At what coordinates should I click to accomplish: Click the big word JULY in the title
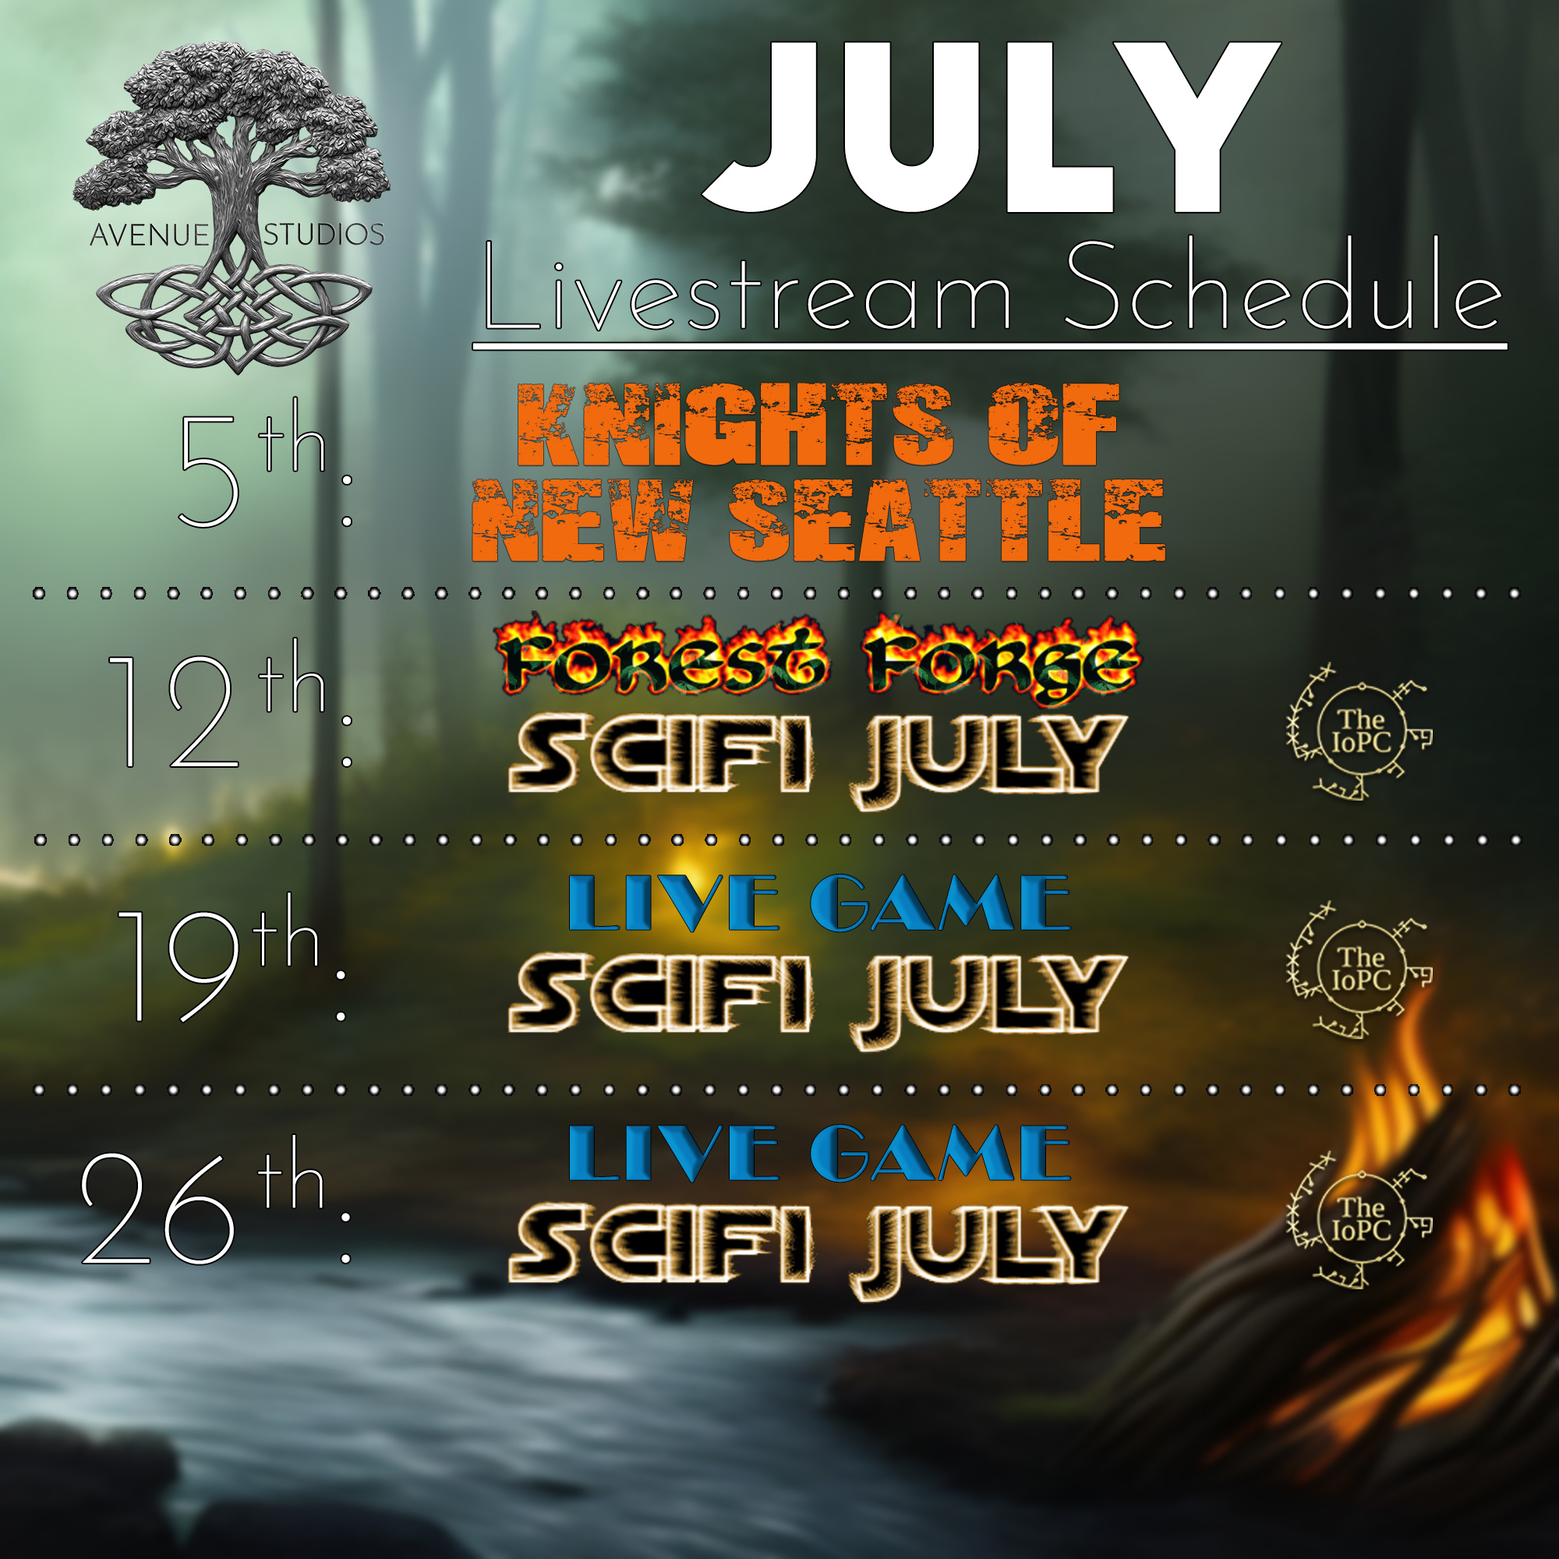click(x=991, y=127)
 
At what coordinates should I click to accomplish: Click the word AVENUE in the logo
click(x=150, y=235)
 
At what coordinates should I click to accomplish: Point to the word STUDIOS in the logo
click(x=323, y=235)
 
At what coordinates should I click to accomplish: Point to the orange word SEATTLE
click(x=946, y=520)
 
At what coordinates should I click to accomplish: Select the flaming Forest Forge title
click(x=817, y=657)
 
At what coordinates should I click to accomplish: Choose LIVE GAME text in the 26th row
click(x=819, y=1153)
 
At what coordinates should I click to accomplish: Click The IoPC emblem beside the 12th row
click(x=1359, y=732)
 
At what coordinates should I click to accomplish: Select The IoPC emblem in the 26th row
click(x=1359, y=1221)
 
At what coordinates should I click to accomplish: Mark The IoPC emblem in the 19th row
click(x=1359, y=970)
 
